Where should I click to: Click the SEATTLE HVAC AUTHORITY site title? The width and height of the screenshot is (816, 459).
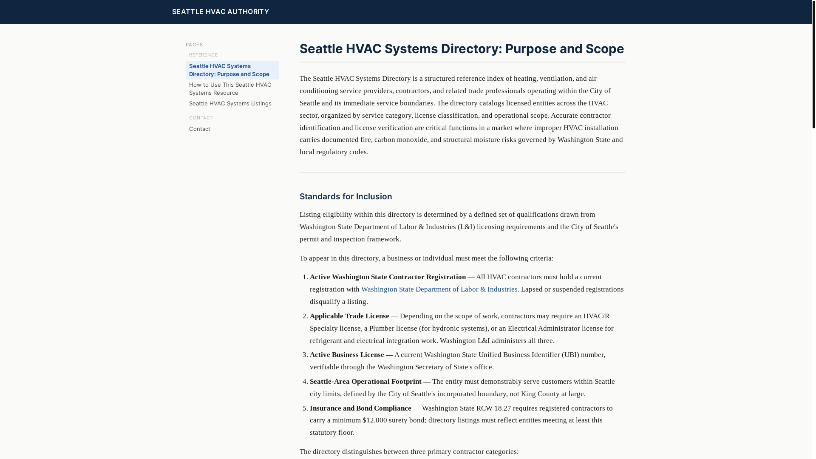coord(220,11)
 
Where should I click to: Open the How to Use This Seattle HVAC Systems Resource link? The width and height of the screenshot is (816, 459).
coord(230,89)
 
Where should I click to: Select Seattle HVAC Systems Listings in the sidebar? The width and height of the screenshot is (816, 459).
coord(230,103)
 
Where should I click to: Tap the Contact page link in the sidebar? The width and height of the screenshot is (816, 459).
coord(199,129)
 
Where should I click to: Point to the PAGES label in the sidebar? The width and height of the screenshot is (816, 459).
coord(194,45)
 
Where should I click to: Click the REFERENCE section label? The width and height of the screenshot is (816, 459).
coord(203,55)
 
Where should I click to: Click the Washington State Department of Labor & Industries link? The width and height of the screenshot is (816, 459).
coord(439,289)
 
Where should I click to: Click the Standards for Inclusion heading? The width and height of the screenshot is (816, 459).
coord(346,196)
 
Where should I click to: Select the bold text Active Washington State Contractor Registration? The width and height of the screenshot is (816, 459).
coord(388,277)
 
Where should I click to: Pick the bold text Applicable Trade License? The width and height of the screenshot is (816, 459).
coord(349,316)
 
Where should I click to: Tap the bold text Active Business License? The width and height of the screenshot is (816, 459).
coord(347,355)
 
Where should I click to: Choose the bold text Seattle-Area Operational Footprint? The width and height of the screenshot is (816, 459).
coord(365,382)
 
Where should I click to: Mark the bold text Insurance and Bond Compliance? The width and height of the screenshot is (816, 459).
coord(360,408)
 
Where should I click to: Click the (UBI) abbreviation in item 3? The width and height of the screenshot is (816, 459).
coord(570,355)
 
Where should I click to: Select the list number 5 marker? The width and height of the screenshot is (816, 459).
coord(305,408)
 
